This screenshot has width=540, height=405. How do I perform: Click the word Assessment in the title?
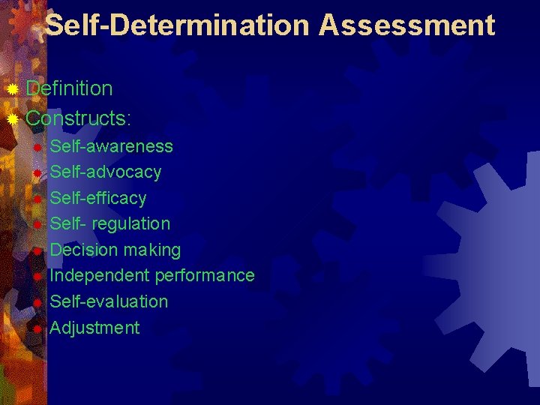tap(406, 25)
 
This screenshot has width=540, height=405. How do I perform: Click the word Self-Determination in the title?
tap(178, 25)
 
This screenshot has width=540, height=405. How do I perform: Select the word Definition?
tap(69, 88)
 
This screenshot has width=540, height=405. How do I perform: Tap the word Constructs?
tap(79, 118)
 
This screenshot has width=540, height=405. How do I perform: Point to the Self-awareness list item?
tap(111, 146)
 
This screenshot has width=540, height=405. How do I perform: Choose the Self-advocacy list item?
tap(106, 172)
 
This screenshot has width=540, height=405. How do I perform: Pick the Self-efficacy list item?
tap(98, 198)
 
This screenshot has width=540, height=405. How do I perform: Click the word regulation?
tap(131, 223)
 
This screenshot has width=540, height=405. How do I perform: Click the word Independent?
tap(100, 275)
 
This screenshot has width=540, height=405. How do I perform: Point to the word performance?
tap(205, 275)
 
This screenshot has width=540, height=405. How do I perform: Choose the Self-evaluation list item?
tap(109, 301)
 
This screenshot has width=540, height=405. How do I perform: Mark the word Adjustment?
tap(94, 328)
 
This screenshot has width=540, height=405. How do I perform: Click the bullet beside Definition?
tap(12, 89)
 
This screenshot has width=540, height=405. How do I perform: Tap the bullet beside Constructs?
tap(12, 118)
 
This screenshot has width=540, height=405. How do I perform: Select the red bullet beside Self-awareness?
tap(37, 147)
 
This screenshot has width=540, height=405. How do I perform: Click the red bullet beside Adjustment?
tap(37, 328)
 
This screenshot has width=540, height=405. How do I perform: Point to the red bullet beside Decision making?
tap(37, 250)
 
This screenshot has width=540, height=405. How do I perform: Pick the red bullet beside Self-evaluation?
tap(37, 302)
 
